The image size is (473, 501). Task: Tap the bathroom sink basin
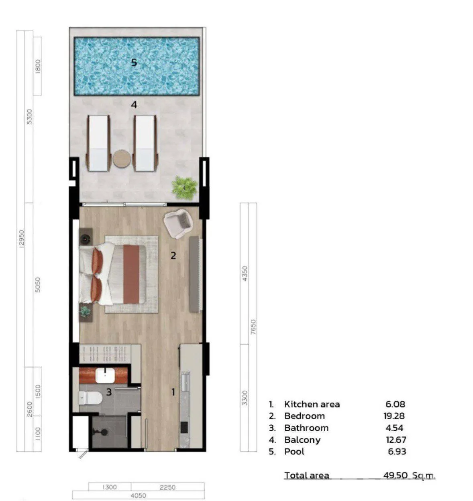(x=106, y=375)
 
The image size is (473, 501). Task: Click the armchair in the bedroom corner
(x=178, y=223)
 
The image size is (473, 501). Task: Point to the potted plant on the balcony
(x=185, y=188)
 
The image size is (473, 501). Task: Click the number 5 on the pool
(x=134, y=62)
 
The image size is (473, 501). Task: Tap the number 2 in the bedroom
(x=173, y=256)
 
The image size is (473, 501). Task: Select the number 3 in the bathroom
(x=109, y=392)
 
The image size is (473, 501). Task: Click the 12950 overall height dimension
(x=22, y=239)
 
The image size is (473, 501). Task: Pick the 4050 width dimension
(x=138, y=495)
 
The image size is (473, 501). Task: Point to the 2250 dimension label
(x=167, y=487)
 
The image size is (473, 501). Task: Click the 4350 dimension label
(x=245, y=274)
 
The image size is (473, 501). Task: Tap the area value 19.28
(x=394, y=416)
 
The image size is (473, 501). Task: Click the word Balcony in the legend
(x=302, y=440)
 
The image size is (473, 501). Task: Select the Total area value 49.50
(x=396, y=475)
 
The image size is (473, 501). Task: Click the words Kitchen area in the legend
(x=312, y=404)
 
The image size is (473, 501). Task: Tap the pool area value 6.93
(x=397, y=451)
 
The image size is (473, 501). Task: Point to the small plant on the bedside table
(x=85, y=312)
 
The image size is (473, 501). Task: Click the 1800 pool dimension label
(x=38, y=66)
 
